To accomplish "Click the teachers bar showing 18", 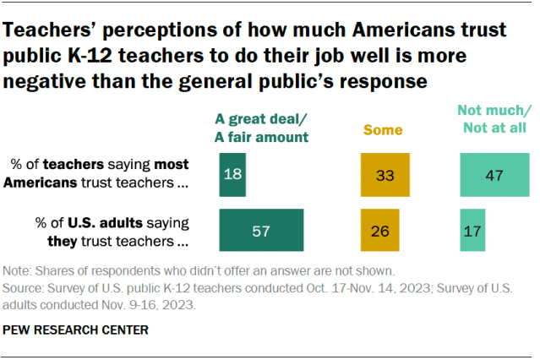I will coord(232,174).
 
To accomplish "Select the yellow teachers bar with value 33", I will coord(385,174).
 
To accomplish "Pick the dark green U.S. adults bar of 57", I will coord(261,230).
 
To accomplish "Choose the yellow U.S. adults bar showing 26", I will coord(379,230).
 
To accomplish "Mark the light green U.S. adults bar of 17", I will coord(472,230).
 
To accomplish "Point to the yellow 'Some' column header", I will coord(383,130).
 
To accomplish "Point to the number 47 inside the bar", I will coord(494,175).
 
